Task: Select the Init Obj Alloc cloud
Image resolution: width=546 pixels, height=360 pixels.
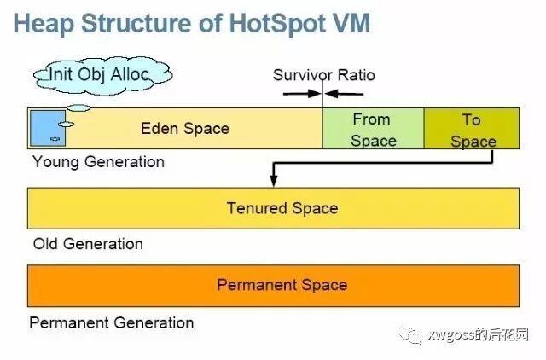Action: pyautogui.click(x=100, y=74)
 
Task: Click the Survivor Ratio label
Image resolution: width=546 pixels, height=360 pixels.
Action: pyautogui.click(x=323, y=75)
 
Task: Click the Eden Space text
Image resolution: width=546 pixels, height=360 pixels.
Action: pyautogui.click(x=185, y=129)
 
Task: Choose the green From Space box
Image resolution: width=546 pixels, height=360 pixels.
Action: pyautogui.click(x=373, y=130)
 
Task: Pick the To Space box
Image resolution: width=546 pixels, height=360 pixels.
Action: pyautogui.click(x=472, y=130)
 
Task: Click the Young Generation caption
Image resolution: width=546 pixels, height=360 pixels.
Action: pyautogui.click(x=98, y=161)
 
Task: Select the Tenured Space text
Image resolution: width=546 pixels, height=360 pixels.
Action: pyautogui.click(x=282, y=208)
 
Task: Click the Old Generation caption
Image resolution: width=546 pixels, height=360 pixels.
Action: pyautogui.click(x=88, y=244)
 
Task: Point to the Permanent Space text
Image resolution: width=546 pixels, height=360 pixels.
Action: pyautogui.click(x=282, y=285)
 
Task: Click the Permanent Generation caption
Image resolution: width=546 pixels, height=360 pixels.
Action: pyautogui.click(x=112, y=322)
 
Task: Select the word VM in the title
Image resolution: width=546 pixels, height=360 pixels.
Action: pyautogui.click(x=351, y=23)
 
